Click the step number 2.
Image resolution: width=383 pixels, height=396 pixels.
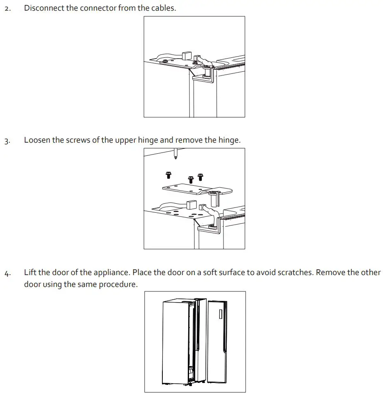point(7,9)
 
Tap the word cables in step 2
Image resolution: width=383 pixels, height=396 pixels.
point(163,8)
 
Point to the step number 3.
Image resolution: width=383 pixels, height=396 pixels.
point(7,141)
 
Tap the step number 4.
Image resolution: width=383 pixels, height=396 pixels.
point(7,273)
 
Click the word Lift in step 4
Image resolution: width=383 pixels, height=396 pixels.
point(30,272)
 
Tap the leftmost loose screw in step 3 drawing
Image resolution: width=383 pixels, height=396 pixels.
point(168,175)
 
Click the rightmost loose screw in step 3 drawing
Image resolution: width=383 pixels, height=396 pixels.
point(200,177)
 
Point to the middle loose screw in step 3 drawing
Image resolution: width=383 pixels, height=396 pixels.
point(191,179)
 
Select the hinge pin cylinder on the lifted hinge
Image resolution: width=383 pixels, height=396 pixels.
point(213,199)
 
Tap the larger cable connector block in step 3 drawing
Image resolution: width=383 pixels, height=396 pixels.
point(190,205)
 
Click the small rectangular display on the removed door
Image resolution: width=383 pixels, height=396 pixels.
point(220,314)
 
